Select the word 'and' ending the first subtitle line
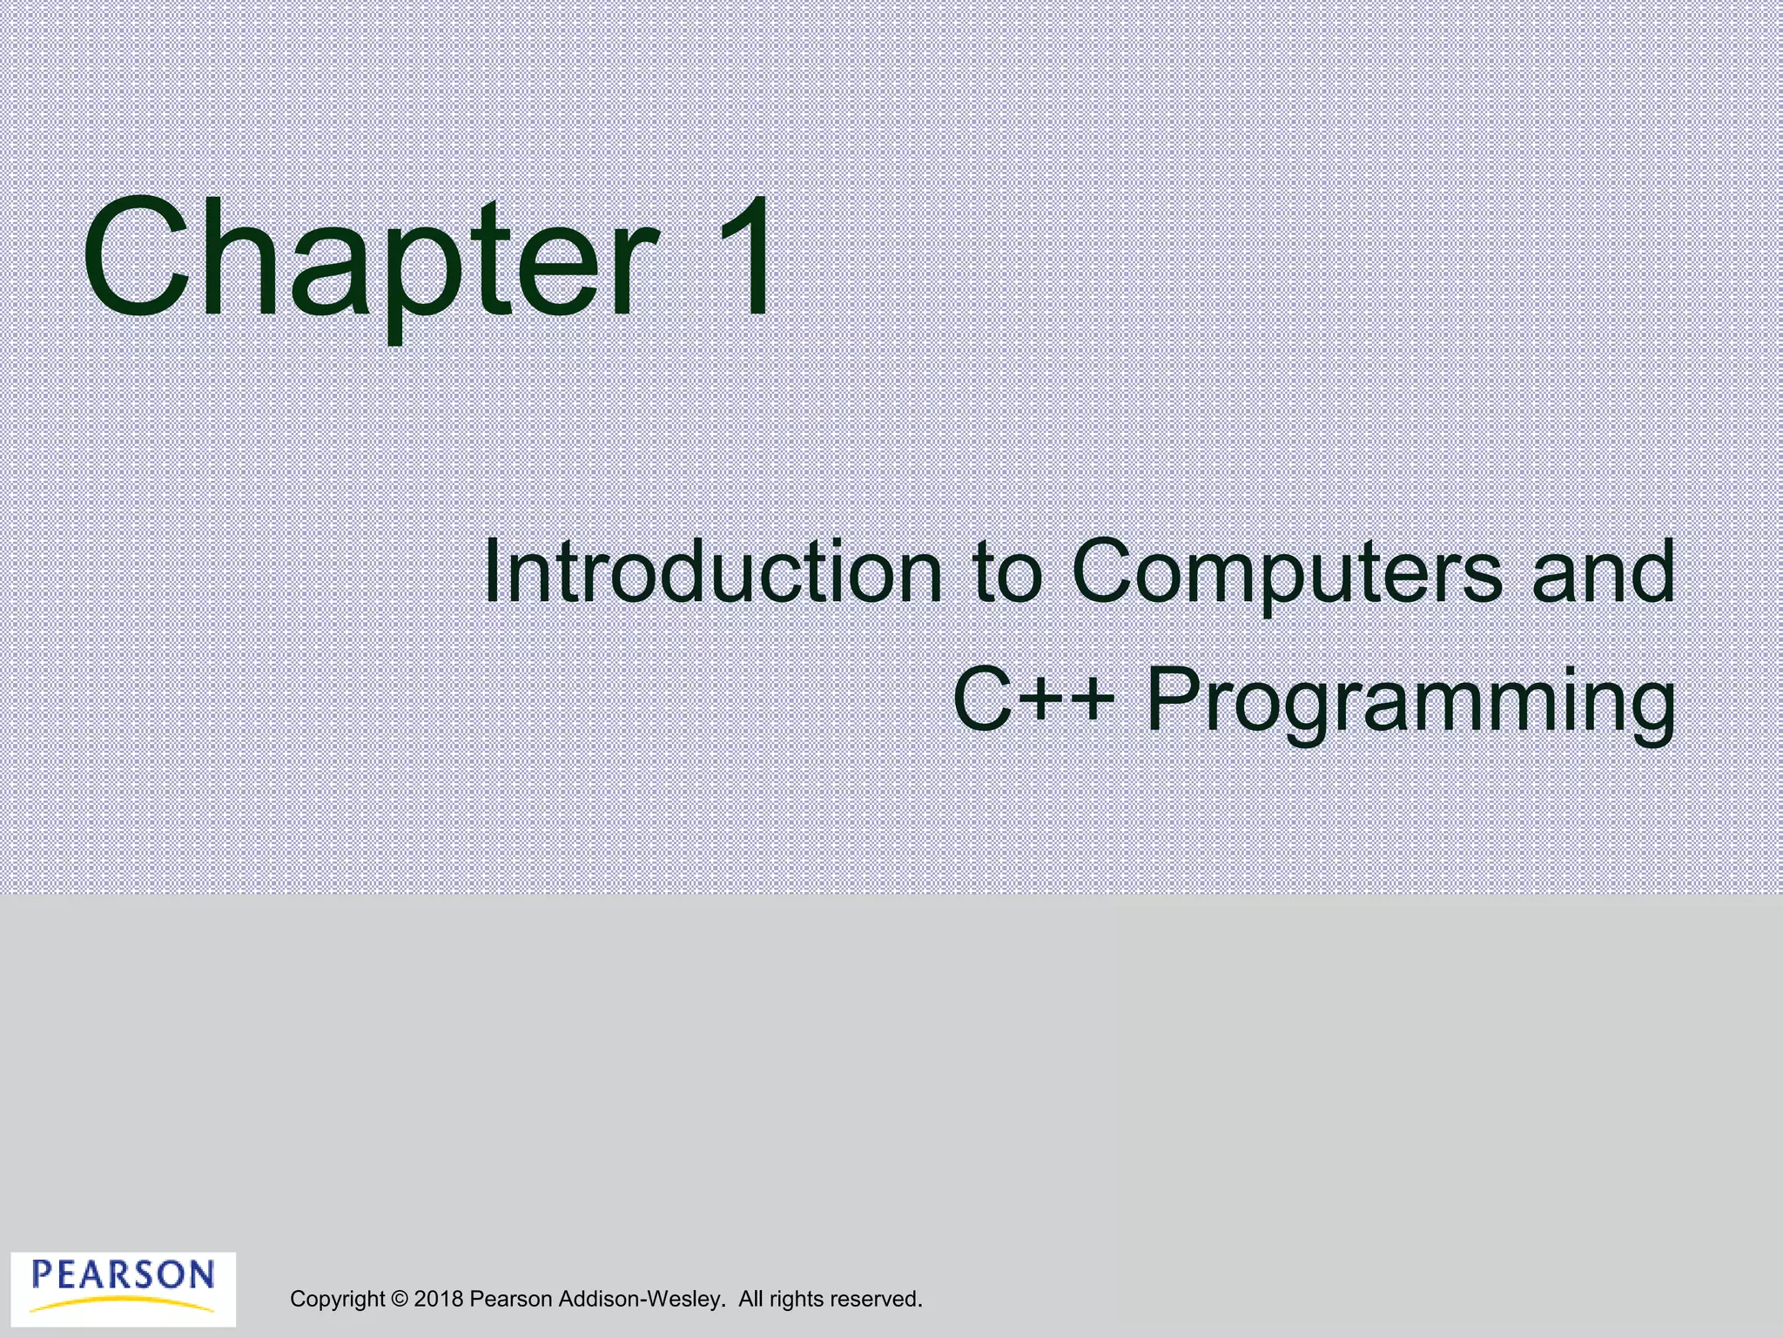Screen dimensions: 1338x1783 [x=1602, y=572]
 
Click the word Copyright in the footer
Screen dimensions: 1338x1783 [x=337, y=1300]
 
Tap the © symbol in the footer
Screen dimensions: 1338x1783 [x=400, y=1299]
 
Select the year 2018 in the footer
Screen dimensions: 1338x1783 [x=439, y=1299]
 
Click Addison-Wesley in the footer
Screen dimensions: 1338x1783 [x=640, y=1299]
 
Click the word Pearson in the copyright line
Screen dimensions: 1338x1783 [x=510, y=1299]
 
